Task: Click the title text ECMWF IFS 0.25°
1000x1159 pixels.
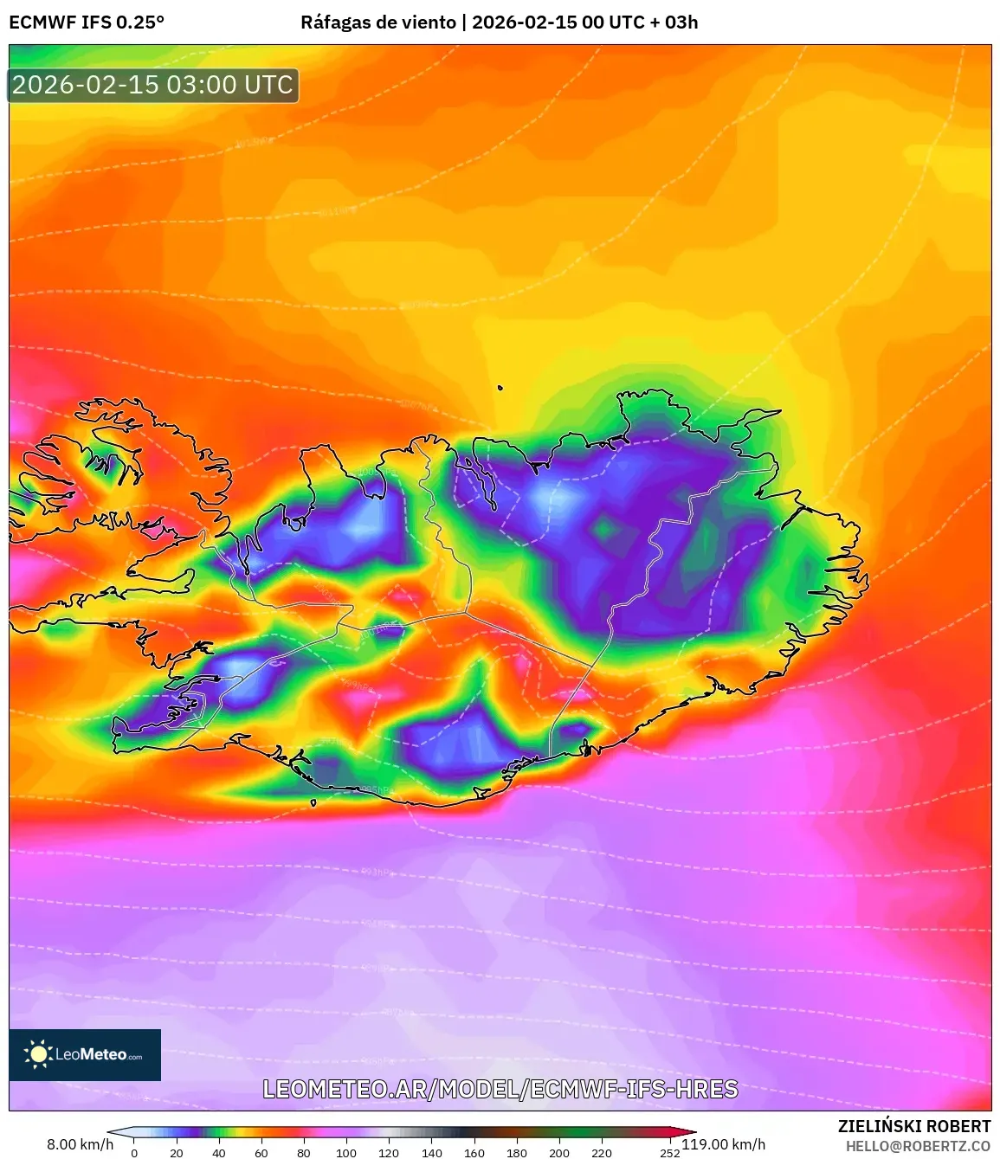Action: pos(87,23)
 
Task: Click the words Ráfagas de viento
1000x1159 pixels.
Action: pos(377,23)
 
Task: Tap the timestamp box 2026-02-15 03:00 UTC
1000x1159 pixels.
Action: pos(153,85)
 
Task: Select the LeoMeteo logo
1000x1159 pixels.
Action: pos(85,1054)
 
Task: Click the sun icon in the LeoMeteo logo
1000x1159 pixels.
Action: pos(38,1053)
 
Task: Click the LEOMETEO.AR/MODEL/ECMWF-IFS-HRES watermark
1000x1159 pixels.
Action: pos(500,1089)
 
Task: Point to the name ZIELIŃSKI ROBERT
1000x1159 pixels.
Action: pos(913,1126)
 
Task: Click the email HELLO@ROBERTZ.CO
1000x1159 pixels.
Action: pos(918,1146)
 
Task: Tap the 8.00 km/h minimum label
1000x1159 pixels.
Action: pos(80,1144)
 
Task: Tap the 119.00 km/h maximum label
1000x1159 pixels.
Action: pos(724,1144)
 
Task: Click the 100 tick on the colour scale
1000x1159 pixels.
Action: pos(346,1152)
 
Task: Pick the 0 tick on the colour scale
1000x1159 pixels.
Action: pos(134,1152)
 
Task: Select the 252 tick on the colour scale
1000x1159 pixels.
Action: pos(669,1152)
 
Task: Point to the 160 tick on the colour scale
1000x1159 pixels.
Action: pos(474,1152)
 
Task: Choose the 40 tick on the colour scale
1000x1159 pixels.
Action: pos(219,1152)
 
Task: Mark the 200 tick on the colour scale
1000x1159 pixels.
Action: pos(559,1152)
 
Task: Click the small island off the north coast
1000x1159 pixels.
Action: pos(500,389)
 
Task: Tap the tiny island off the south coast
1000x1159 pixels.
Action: pos(313,802)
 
